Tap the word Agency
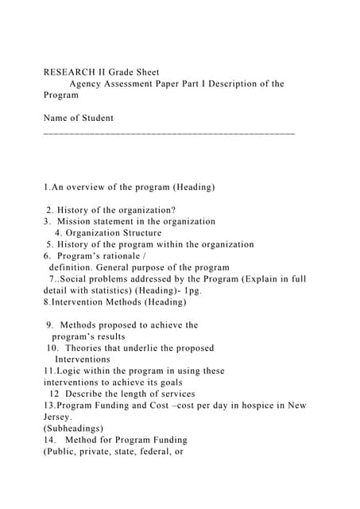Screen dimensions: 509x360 point(88,84)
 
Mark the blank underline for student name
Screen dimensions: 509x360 point(168,133)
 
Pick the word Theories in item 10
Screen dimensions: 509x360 point(83,348)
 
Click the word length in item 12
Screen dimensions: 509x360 point(123,394)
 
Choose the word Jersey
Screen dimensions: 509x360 point(57,417)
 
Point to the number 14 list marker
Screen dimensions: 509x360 point(49,440)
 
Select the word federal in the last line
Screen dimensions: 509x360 point(154,451)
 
